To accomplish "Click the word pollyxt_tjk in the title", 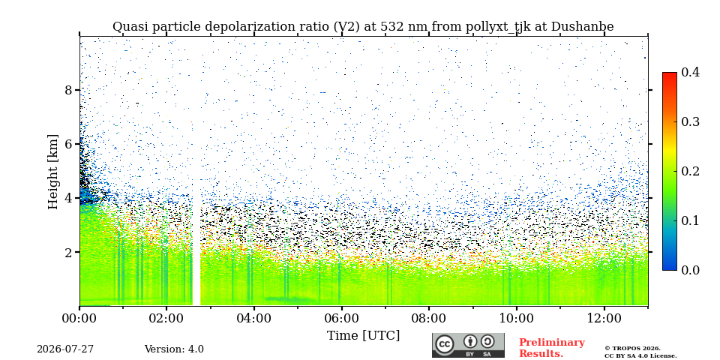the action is pos(490,27).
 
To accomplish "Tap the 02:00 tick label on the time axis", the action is pos(166,319).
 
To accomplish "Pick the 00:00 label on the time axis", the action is pos(79,319).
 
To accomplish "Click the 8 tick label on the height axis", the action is pos(68,90).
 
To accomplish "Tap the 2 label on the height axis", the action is pos(68,252).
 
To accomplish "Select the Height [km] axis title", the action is pos(53,172).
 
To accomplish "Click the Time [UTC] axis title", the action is pos(363,336).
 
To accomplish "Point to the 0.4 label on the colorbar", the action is pos(690,72).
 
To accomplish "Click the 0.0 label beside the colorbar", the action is pos(690,270).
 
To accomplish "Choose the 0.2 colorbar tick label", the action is pos(690,171).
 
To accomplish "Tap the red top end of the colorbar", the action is pos(670,74).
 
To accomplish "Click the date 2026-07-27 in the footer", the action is pos(65,349).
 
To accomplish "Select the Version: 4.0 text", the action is pos(174,349).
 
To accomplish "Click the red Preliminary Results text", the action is pos(552,348).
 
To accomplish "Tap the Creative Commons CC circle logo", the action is pos(444,345).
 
